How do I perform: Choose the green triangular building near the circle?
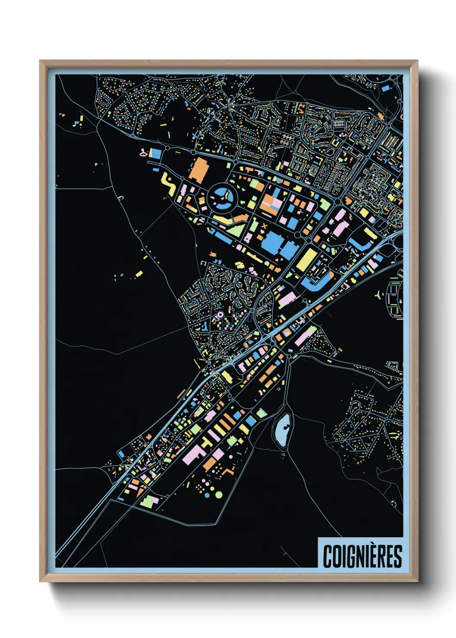coord(236,229)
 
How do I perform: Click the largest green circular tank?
coord(219,494)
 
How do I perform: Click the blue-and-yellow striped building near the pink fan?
coord(155,153)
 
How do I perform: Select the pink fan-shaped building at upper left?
coord(142,152)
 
